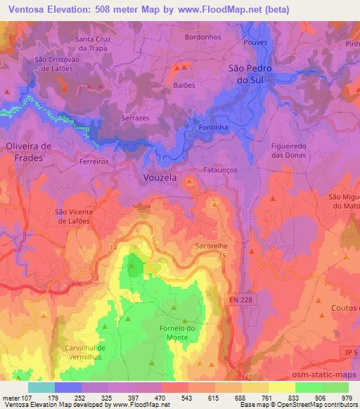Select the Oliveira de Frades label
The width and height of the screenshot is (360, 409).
pyautogui.click(x=24, y=152)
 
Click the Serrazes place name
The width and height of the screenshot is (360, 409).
pyautogui.click(x=135, y=119)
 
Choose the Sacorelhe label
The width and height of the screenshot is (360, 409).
pyautogui.click(x=213, y=247)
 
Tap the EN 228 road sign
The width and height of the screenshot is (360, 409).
pyautogui.click(x=243, y=300)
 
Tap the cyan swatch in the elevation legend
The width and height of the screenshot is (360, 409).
pyautogui.click(x=41, y=387)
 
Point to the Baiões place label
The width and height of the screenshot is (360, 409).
pyautogui.click(x=184, y=84)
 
